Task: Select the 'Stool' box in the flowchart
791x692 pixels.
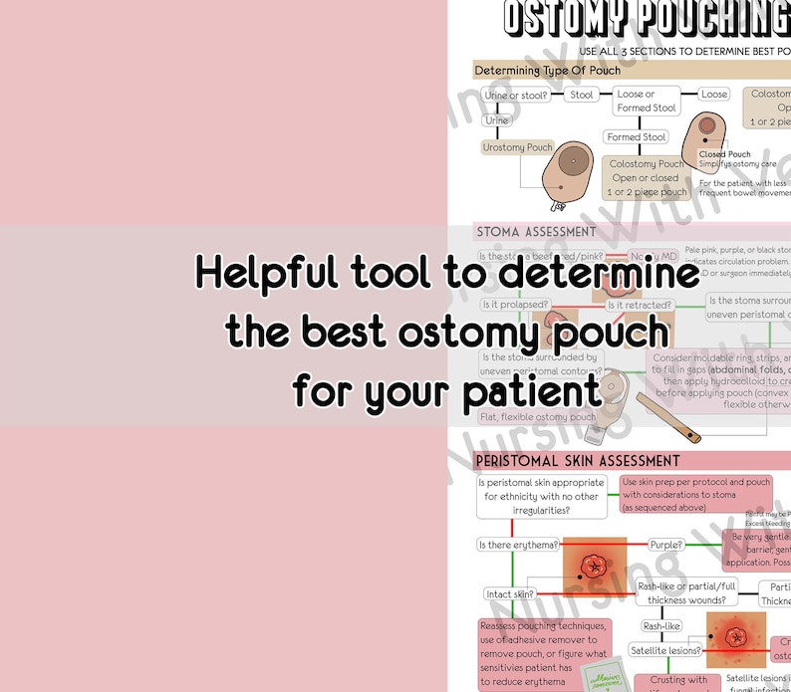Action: click(582, 96)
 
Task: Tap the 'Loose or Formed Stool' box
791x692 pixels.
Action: click(647, 101)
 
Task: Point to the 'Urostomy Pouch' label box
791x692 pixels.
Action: click(518, 147)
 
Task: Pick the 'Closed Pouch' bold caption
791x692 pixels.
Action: click(724, 154)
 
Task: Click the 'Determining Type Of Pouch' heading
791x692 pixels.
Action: click(547, 71)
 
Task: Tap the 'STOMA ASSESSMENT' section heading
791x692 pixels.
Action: click(537, 232)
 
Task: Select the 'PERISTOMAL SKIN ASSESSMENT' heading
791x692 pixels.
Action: click(578, 461)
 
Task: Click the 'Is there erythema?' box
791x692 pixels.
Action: click(516, 545)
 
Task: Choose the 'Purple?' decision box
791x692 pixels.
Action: click(666, 545)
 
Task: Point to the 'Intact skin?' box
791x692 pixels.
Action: click(510, 594)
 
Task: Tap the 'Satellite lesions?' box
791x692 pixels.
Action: click(664, 650)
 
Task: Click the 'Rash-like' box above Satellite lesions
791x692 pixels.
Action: click(661, 626)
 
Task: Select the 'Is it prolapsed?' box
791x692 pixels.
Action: click(515, 305)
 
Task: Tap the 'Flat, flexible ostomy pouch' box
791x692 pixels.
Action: click(539, 417)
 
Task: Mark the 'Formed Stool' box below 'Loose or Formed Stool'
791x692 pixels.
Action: click(637, 137)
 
